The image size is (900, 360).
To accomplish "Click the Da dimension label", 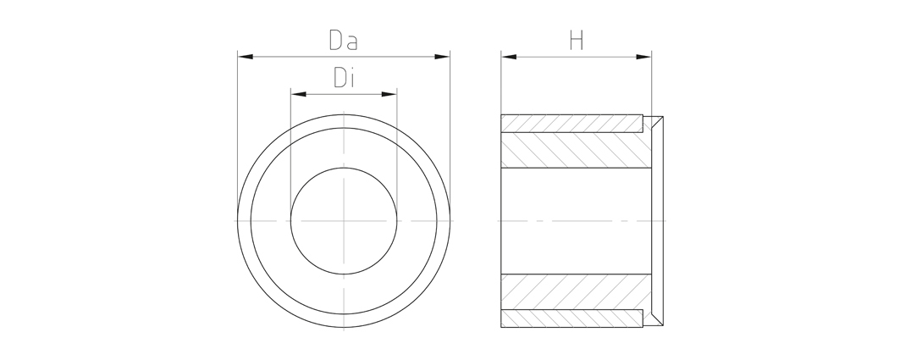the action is [x=343, y=40].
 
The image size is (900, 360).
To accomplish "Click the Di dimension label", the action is [x=344, y=78].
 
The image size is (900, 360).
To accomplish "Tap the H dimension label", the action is [x=577, y=40].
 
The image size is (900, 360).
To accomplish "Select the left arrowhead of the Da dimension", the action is [x=246, y=56].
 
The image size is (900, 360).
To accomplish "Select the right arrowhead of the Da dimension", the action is [x=442, y=56].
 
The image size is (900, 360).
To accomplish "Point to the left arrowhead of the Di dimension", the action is [x=299, y=93].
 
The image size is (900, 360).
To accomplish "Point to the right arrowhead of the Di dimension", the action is [x=389, y=93].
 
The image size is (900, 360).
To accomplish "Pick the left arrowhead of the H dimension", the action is [x=509, y=56].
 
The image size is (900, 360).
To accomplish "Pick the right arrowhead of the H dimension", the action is [x=643, y=56].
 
